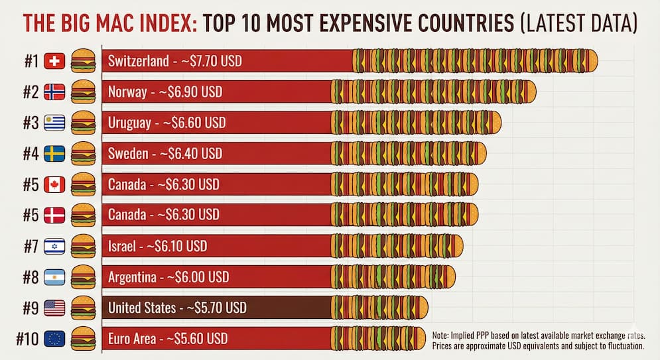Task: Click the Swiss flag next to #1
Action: coord(54,62)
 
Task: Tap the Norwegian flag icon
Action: coord(54,92)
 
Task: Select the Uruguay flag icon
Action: coord(54,123)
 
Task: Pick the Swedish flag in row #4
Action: coord(54,154)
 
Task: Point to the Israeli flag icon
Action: coord(54,247)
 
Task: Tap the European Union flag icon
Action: coord(54,339)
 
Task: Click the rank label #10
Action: coord(27,339)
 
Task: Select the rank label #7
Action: coord(30,247)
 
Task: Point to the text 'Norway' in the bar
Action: coord(127,92)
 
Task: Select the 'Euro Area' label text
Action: coord(131,339)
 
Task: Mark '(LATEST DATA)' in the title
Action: coord(577,24)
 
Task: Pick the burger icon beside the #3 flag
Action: coord(83,123)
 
